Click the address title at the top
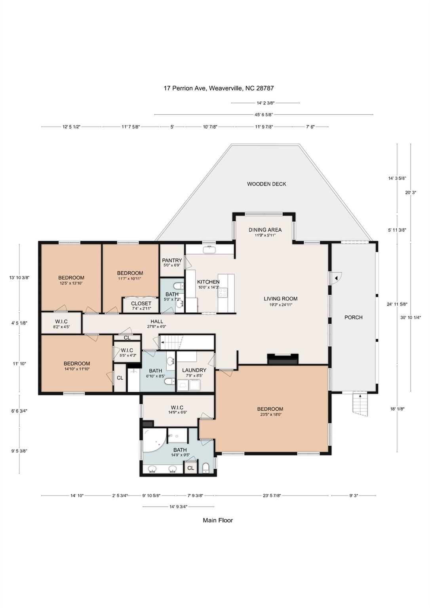pyautogui.click(x=219, y=88)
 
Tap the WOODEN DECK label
pyautogui.click(x=266, y=184)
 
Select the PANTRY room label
pyautogui.click(x=172, y=260)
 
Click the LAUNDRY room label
pyautogui.click(x=194, y=370)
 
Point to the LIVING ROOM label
pyautogui.click(x=280, y=298)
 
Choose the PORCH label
pyautogui.click(x=354, y=317)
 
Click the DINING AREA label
pyautogui.click(x=265, y=230)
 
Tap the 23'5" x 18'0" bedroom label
pyautogui.click(x=270, y=411)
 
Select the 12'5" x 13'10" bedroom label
pyautogui.click(x=71, y=280)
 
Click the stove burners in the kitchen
pyautogui.click(x=223, y=292)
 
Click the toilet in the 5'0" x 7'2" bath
pyautogui.click(x=178, y=286)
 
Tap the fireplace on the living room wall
pyautogui.click(x=283, y=359)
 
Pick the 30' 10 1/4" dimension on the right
pyautogui.click(x=411, y=317)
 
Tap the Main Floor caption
pyautogui.click(x=218, y=521)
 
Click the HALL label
pyautogui.click(x=157, y=322)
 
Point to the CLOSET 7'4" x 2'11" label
pyautogui.click(x=141, y=306)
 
